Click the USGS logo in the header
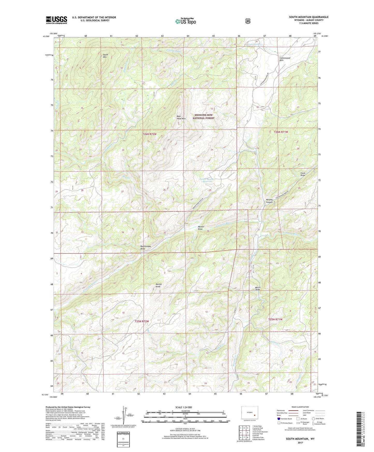click(56, 20)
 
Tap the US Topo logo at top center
click(185, 21)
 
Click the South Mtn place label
click(105, 56)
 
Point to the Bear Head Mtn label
click(181, 118)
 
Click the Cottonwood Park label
click(285, 59)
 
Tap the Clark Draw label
click(303, 174)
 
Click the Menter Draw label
click(201, 228)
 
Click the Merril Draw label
click(258, 288)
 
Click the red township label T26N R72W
click(150, 134)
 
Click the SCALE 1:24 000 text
click(184, 407)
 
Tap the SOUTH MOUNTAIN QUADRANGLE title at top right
click(309, 17)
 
